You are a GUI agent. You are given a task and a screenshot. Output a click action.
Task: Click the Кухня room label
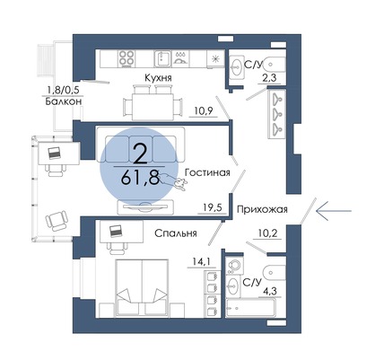coord(158,78)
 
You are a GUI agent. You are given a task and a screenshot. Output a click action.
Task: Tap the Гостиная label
coord(207,172)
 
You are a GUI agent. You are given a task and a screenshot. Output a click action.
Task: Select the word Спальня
coord(176,233)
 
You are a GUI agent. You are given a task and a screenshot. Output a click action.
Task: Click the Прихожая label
coord(262,209)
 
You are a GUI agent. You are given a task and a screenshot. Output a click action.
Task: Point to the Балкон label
coord(64,101)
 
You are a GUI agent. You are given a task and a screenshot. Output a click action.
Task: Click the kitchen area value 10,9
coord(204,111)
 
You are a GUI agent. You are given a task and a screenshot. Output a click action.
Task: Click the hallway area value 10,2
coord(267,233)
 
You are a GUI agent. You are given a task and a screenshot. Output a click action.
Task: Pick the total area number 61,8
coord(140,179)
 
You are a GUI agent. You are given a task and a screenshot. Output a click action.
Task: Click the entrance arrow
coord(334,211)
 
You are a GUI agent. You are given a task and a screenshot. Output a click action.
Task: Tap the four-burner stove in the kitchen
coord(126,58)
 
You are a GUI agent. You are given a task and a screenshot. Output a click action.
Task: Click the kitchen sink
coord(162,58)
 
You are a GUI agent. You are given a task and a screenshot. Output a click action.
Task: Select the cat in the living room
coord(173,181)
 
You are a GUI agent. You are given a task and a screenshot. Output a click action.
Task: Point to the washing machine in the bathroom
coord(234,265)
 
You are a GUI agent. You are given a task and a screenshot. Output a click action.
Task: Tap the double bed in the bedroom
coord(142,287)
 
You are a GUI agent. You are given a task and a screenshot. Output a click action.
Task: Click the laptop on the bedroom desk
coord(115,231)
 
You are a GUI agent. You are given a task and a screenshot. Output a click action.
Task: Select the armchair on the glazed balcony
coord(57,221)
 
